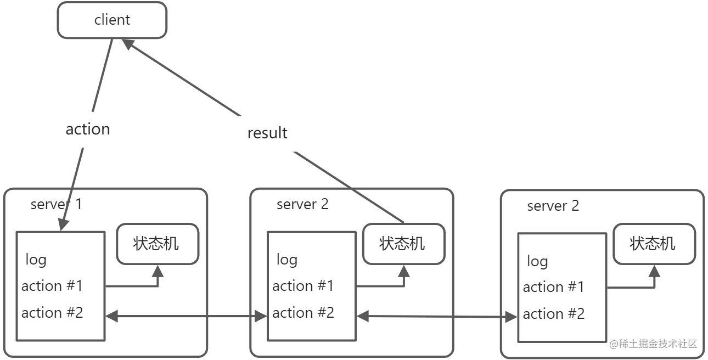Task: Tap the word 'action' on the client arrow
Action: pyautogui.click(x=88, y=130)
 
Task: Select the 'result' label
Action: pyautogui.click(x=267, y=133)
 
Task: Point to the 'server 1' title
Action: pyautogui.click(x=57, y=204)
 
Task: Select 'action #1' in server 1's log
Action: pyautogui.click(x=52, y=286)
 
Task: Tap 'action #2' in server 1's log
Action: pyautogui.click(x=52, y=313)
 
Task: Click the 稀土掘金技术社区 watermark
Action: pyautogui.click(x=653, y=344)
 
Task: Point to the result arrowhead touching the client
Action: pyautogui.click(x=128, y=43)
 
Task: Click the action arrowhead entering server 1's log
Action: pyautogui.click(x=63, y=224)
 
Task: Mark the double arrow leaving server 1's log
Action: pyautogui.click(x=186, y=316)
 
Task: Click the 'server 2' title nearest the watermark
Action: pyautogui.click(x=553, y=206)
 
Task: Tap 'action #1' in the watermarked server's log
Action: pyautogui.click(x=553, y=287)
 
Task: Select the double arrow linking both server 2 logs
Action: pyautogui.click(x=437, y=317)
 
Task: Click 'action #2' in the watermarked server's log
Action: pyautogui.click(x=554, y=314)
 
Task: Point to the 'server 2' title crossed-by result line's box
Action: pyautogui.click(x=302, y=204)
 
